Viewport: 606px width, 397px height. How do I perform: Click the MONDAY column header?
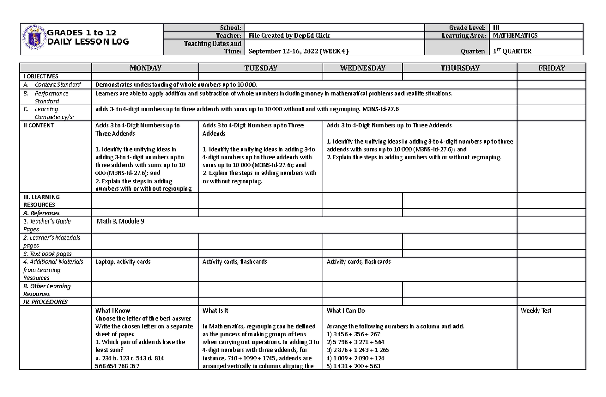click(145, 68)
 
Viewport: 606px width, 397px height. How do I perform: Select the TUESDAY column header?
click(261, 68)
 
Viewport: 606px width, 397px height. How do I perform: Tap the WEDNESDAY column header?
click(363, 68)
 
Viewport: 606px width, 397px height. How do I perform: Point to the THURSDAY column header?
click(460, 68)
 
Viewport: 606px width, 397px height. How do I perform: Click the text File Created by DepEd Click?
click(289, 36)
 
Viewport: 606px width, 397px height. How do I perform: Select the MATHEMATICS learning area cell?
click(515, 36)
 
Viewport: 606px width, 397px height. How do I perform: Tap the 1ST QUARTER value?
click(512, 51)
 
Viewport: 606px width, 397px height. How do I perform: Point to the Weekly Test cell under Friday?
click(536, 311)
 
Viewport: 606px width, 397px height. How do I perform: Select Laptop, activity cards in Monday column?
click(123, 262)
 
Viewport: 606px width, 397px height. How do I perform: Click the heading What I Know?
click(113, 311)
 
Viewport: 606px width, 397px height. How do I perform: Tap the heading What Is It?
click(215, 311)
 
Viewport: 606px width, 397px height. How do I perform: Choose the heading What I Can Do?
click(345, 311)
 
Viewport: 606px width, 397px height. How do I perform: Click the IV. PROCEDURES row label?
click(45, 302)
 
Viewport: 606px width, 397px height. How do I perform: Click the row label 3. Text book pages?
click(47, 254)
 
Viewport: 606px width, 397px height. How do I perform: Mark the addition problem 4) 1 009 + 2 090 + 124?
click(356, 358)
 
